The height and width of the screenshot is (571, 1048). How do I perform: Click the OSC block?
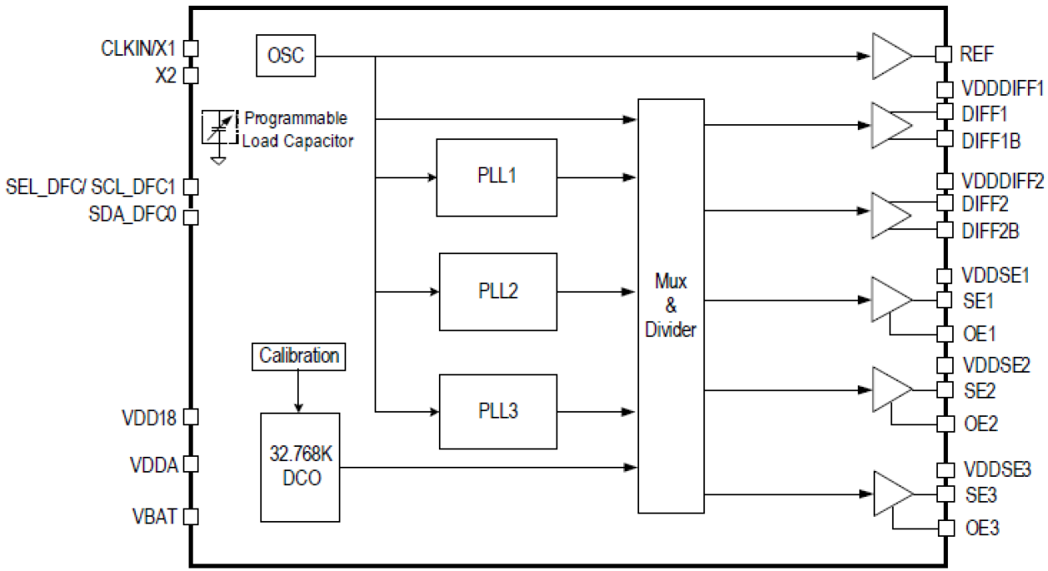285,57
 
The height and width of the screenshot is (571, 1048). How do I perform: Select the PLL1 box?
496,177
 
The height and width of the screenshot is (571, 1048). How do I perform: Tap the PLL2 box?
498,292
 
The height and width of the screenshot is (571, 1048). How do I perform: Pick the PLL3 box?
498,410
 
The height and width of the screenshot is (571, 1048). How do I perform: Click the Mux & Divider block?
671,305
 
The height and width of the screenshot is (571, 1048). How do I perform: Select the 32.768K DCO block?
300,466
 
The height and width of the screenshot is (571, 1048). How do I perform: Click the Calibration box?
300,356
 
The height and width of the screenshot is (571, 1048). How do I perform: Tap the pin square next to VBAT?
190,517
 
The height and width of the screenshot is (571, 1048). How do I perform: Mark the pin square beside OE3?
945,528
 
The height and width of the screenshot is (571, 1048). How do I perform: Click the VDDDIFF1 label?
1002,88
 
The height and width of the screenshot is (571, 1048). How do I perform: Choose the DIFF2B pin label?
990,231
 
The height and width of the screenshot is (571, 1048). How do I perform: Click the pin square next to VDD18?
190,416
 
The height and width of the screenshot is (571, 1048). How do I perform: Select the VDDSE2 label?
996,364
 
